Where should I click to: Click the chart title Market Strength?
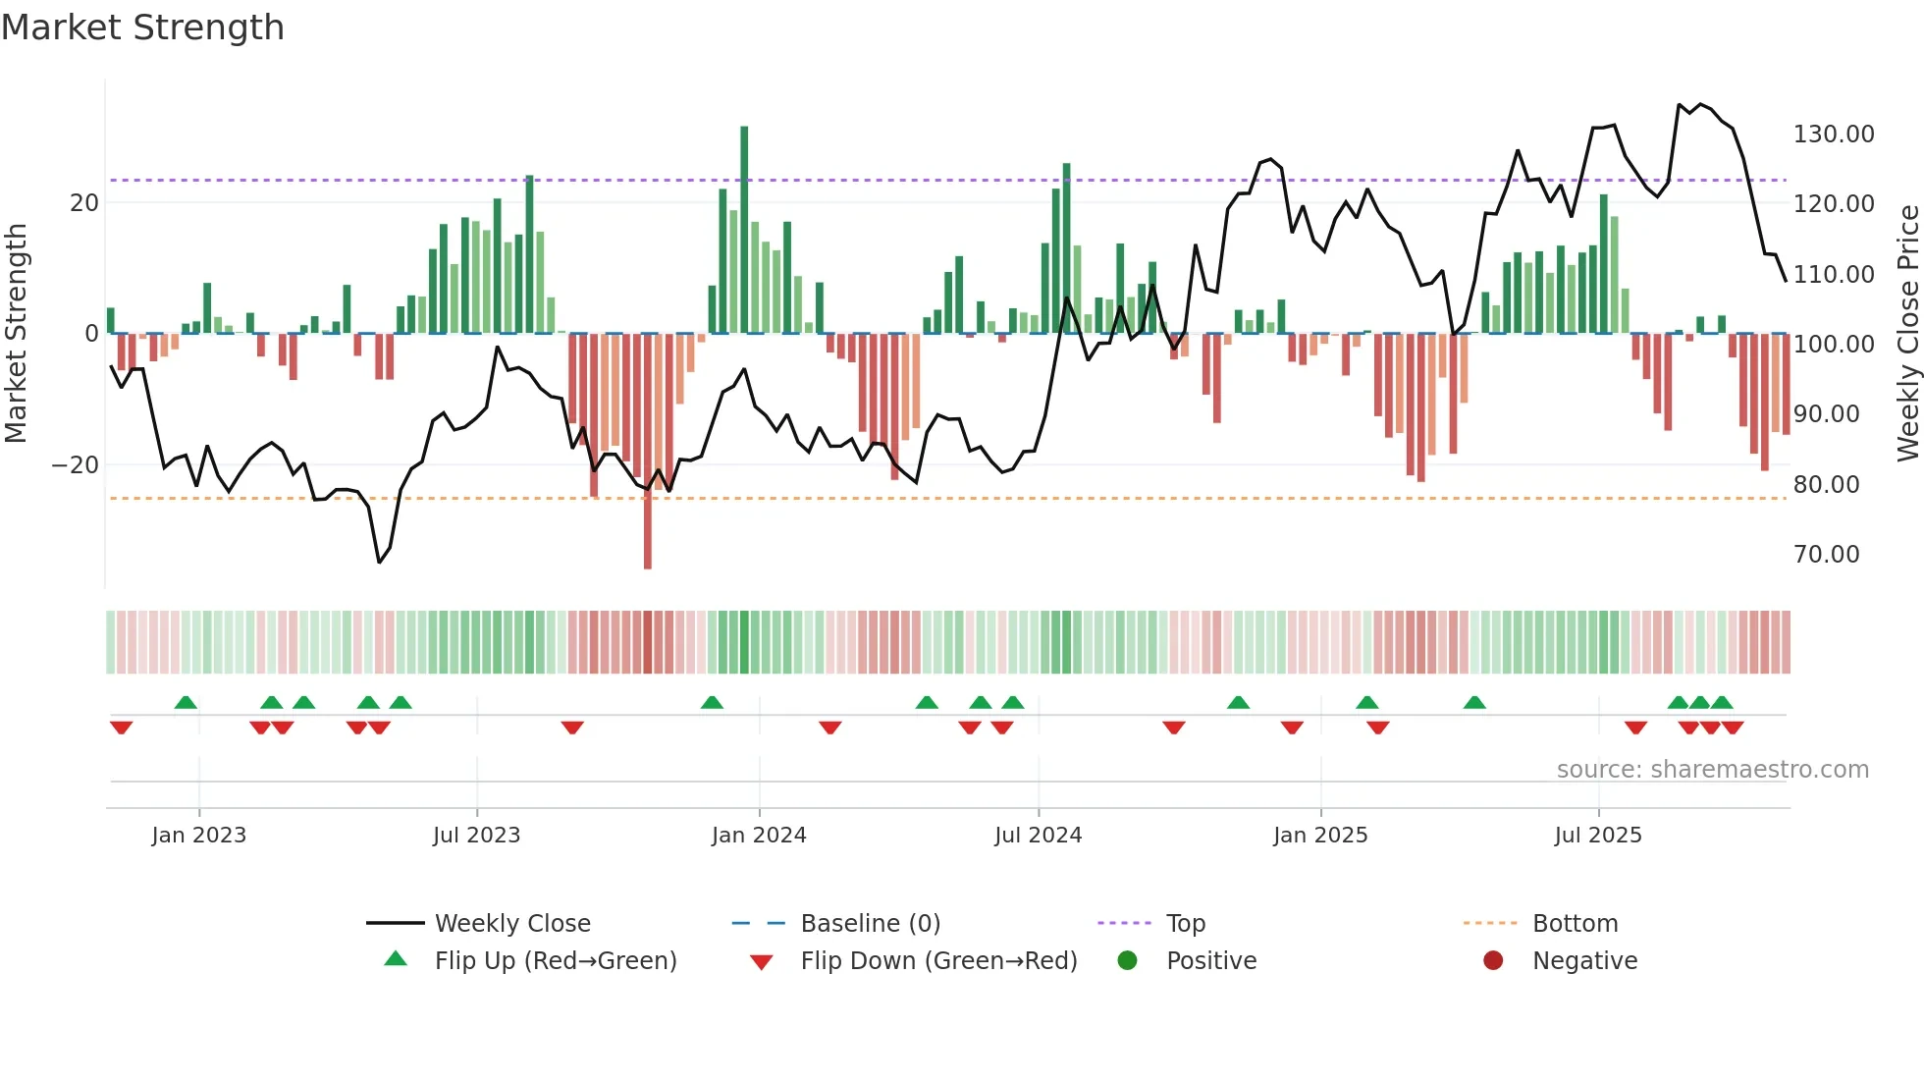click(142, 27)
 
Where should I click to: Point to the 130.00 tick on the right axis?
click(1833, 135)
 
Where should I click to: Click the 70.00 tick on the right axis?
click(1826, 555)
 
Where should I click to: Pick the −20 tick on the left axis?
click(76, 465)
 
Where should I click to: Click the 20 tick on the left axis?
click(84, 203)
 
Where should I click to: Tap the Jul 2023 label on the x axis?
click(476, 836)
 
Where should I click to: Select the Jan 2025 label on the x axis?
click(1319, 836)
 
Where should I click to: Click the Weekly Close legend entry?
click(511, 924)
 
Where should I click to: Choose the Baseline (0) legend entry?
click(870, 924)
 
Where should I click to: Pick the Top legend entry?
click(1185, 924)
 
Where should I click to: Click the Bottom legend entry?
click(1575, 924)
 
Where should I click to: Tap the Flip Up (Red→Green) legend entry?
click(555, 961)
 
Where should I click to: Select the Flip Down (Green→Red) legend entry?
click(937, 961)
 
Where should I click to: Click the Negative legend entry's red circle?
click(1493, 960)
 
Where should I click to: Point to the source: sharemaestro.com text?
click(1712, 770)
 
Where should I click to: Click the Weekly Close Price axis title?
click(1907, 334)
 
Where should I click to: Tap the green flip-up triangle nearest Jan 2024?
click(712, 703)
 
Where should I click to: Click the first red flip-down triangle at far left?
click(121, 728)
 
